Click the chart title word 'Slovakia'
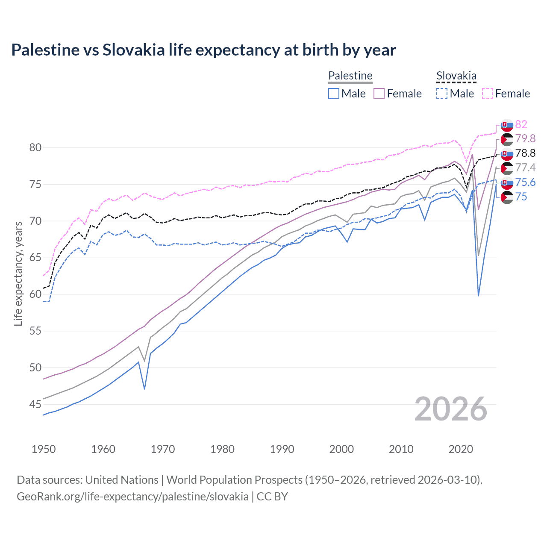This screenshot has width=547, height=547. click(x=133, y=50)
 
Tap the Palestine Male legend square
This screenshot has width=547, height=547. click(x=334, y=94)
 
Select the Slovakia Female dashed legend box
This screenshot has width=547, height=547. click(x=488, y=94)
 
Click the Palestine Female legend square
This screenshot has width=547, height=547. click(x=379, y=94)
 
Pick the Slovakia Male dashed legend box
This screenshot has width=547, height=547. click(x=442, y=94)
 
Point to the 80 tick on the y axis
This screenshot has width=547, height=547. click(x=35, y=148)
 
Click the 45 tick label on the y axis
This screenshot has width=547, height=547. click(x=35, y=404)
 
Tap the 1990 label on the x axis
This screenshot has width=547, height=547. click(x=282, y=449)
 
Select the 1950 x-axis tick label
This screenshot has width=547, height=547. click(x=44, y=449)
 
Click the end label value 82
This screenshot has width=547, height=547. click(x=521, y=124)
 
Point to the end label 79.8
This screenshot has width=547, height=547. click(x=525, y=139)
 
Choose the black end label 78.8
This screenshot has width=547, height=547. click(x=525, y=153)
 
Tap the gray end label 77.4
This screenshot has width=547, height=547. click(x=525, y=168)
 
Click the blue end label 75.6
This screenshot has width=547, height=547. click(x=525, y=182)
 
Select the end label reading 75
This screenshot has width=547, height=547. click(x=521, y=197)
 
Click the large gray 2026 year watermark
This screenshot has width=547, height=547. click(x=451, y=409)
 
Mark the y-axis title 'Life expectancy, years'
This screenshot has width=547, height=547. click(x=18, y=273)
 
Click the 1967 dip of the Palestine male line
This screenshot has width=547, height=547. click(x=144, y=388)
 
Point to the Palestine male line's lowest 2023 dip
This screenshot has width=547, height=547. click(x=478, y=295)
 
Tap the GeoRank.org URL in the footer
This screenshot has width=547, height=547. click(x=132, y=497)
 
